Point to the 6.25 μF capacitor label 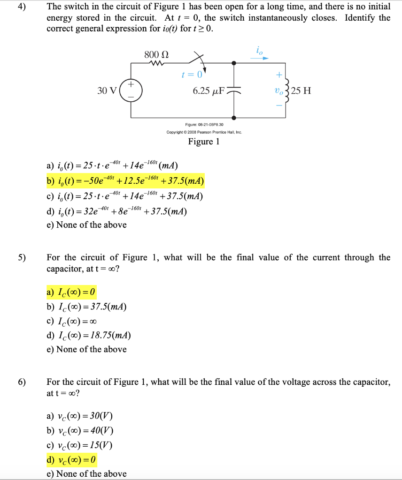click(x=209, y=90)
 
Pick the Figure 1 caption click(x=203, y=142)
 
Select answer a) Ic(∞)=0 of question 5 click(x=71, y=293)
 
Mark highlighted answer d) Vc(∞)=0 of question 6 click(x=72, y=459)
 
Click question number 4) click(x=23, y=7)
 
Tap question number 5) click(x=23, y=258)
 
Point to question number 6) click(x=23, y=382)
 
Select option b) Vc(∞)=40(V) click(x=80, y=431)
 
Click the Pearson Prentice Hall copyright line click(x=204, y=132)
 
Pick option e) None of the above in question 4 click(x=86, y=225)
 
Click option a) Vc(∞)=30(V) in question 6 click(x=80, y=417)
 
